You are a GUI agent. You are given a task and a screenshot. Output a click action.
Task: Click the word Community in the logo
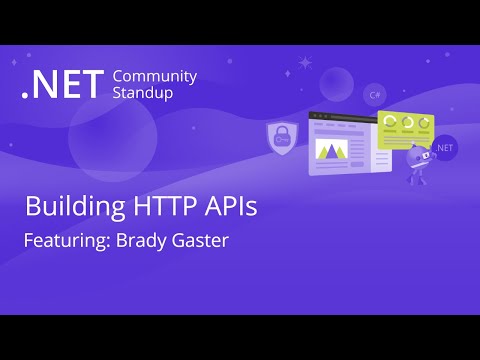point(155,77)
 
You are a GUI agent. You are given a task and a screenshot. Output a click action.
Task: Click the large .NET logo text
point(62,86)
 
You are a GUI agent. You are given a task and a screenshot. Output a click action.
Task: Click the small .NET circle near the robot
point(445,146)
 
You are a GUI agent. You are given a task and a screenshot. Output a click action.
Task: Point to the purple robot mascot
point(419,162)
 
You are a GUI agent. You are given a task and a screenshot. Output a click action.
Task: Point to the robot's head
point(417,153)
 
